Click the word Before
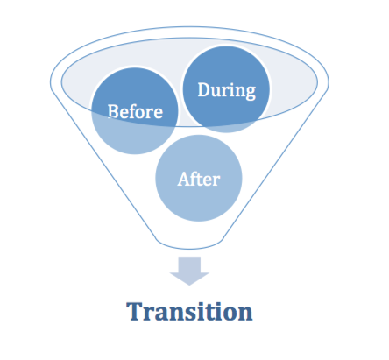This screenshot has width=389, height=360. click(135, 111)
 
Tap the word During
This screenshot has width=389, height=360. click(227, 91)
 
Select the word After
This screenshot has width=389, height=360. click(199, 179)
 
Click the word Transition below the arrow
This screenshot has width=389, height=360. click(189, 311)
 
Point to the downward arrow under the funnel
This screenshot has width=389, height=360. click(189, 271)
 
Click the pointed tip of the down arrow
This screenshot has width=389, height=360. click(189, 285)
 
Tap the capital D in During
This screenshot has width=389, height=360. click(204, 89)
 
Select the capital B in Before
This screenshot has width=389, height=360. click(113, 111)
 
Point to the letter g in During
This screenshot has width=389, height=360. click(251, 93)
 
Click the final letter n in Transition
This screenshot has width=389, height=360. click(245, 314)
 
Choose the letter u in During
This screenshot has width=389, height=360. click(217, 92)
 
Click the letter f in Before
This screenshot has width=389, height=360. click(133, 111)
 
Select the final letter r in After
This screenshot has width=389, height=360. click(216, 181)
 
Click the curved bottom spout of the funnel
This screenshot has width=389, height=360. click(189, 247)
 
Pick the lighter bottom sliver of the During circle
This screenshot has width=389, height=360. click(226, 129)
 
